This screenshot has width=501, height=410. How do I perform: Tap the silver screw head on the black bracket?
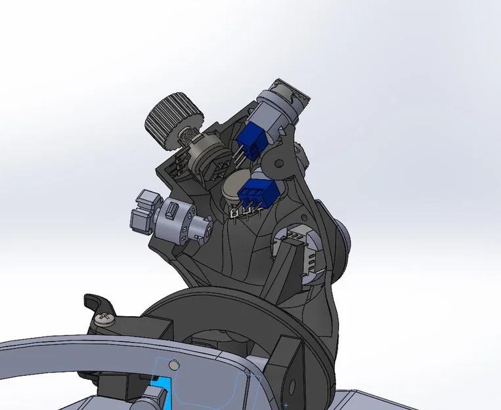104,319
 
